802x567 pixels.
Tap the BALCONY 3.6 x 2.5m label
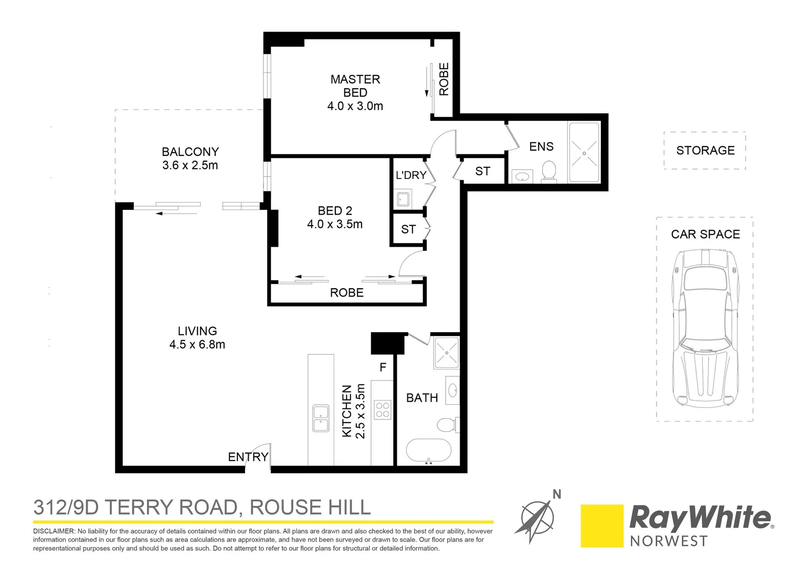190,159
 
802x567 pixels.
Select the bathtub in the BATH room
429,451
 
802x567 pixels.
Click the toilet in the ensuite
548,171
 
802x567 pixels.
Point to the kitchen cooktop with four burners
383,409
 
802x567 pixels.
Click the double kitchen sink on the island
321,418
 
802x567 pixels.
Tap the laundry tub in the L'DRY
403,199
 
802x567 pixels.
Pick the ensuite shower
584,153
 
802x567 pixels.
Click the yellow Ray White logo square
602,526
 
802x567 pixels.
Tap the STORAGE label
705,151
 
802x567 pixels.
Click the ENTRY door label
248,457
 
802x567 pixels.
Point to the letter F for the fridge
383,367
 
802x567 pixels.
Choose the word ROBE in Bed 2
346,293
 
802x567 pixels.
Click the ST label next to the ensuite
482,171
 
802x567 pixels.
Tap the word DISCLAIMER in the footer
54,531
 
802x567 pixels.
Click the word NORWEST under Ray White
669,541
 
